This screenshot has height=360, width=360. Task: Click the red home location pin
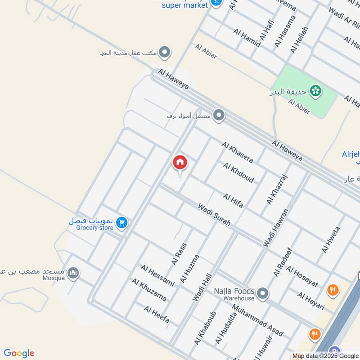(x=180, y=163)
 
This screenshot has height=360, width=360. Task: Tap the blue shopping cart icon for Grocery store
(x=121, y=222)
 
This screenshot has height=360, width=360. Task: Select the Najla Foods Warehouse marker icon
(x=263, y=294)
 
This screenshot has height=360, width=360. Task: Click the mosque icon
(x=73, y=273)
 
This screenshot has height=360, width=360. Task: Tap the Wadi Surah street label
(x=214, y=215)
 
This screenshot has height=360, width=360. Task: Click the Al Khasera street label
(x=237, y=152)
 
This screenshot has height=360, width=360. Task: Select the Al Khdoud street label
(x=238, y=172)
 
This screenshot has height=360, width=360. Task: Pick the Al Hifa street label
(x=233, y=201)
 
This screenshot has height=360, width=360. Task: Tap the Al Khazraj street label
(x=277, y=189)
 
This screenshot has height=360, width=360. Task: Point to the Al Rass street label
(x=179, y=254)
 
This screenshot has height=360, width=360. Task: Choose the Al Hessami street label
(x=157, y=275)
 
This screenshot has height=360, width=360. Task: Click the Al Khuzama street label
(x=149, y=290)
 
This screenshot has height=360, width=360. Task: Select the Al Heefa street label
(x=157, y=314)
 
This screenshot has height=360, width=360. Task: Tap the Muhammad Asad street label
(x=257, y=320)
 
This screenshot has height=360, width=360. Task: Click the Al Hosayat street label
(x=302, y=277)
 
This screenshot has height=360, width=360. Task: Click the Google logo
(x=19, y=353)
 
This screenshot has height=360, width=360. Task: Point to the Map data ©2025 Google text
(x=325, y=355)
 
